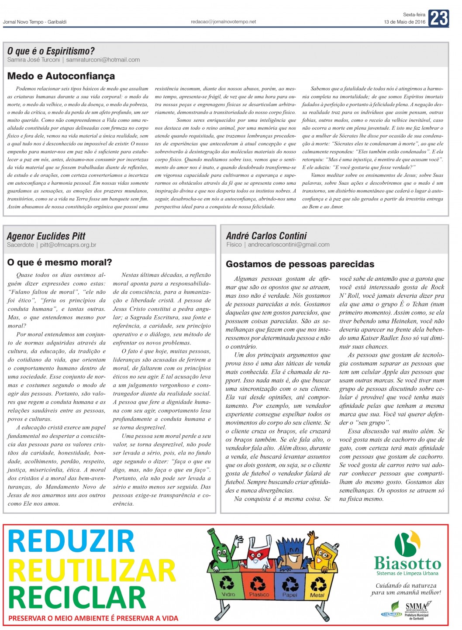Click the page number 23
pyautogui.click(x=438, y=18)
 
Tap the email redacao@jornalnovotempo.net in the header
pyautogui.click(x=223, y=21)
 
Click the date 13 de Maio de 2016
pyautogui.click(x=404, y=22)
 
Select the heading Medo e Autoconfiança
pyautogui.click(x=61, y=76)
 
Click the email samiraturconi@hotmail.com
pyautogui.click(x=103, y=60)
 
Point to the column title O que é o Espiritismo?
pyautogui.click(x=51, y=51)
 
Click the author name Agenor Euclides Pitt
pyautogui.click(x=46, y=236)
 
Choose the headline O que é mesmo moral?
pyautogui.click(x=60, y=262)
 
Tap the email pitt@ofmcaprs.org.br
pyautogui.click(x=68, y=245)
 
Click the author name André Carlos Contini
pyautogui.click(x=266, y=236)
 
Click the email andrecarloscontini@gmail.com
pyautogui.click(x=289, y=244)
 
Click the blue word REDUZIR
pyautogui.click(x=71, y=541)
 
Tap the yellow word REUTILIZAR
pyautogui.click(x=92, y=570)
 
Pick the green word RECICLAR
pyautogui.click(x=77, y=598)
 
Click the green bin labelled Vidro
pyautogui.click(x=227, y=585)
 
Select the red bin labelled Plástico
pyautogui.click(x=259, y=585)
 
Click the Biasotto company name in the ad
pyautogui.click(x=407, y=563)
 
